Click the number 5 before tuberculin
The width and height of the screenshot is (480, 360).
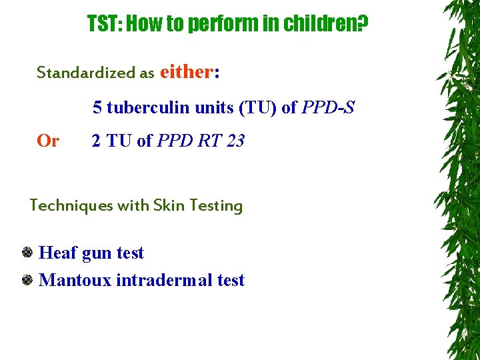tap(97, 107)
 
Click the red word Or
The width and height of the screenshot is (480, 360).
tap(48, 141)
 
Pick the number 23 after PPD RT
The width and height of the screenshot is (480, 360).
tap(235, 141)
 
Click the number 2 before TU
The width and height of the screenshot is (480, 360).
tap(96, 141)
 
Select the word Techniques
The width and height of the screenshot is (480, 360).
tap(71, 205)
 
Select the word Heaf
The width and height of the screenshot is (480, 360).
tap(58, 253)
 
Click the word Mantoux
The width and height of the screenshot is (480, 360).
tap(75, 280)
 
